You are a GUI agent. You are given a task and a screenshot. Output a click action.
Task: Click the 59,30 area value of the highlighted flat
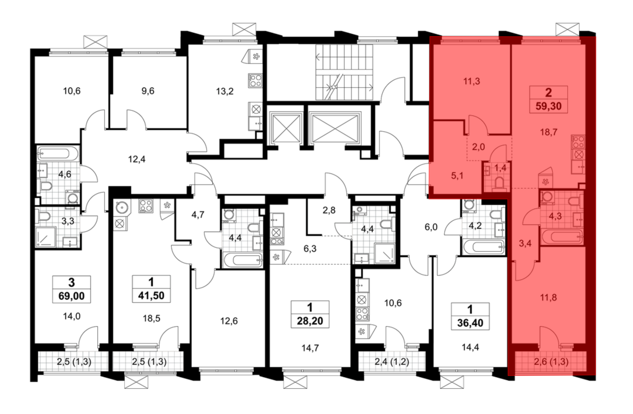(548, 106)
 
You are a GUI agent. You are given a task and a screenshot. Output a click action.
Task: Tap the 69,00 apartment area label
(72, 296)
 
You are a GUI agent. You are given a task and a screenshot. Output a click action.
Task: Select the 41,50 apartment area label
(151, 296)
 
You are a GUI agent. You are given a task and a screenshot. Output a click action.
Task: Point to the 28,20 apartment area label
(310, 321)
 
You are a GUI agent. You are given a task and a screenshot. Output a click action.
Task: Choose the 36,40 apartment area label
(470, 323)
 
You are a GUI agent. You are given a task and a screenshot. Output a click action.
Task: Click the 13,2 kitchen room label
(225, 91)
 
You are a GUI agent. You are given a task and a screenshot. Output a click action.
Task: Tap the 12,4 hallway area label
(137, 159)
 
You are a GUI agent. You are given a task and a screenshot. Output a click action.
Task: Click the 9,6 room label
(148, 91)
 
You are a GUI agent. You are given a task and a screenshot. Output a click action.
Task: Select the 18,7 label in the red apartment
(548, 132)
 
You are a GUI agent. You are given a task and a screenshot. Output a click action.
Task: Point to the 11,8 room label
(548, 298)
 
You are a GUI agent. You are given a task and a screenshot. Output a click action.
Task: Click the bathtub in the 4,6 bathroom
(58, 154)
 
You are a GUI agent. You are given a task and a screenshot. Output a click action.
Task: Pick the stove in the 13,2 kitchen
(255, 80)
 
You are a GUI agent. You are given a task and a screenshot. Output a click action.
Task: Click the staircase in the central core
(344, 72)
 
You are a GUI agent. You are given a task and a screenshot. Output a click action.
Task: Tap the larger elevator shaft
(335, 128)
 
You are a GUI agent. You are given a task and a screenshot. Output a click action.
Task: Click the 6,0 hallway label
(431, 227)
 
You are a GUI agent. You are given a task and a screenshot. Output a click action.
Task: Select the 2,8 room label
(329, 210)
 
